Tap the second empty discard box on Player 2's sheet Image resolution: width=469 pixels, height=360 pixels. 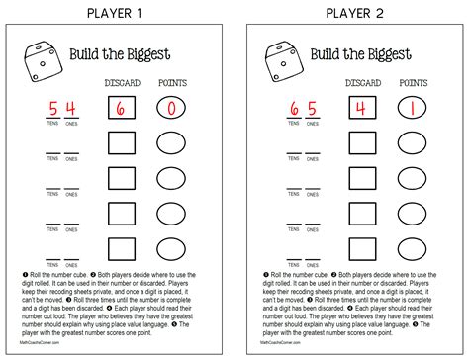pyautogui.click(x=356, y=178)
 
